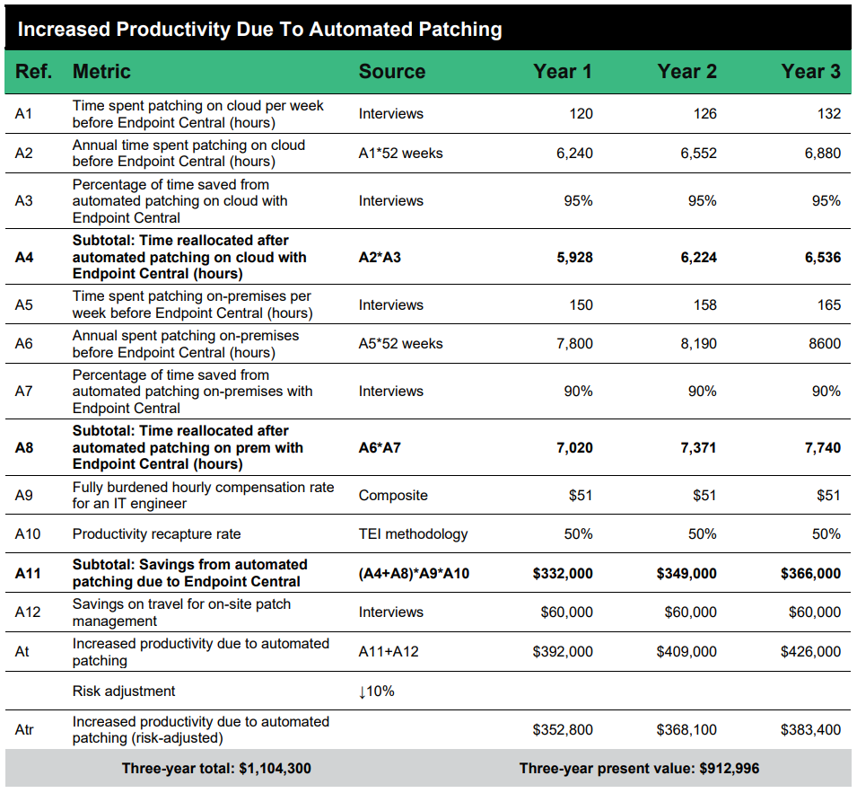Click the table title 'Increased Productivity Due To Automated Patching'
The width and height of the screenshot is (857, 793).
(x=259, y=29)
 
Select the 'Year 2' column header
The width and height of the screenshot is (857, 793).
(x=686, y=72)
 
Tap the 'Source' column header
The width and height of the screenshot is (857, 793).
(x=391, y=72)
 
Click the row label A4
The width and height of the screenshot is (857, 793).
(x=24, y=257)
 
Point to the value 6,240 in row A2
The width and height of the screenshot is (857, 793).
(x=574, y=154)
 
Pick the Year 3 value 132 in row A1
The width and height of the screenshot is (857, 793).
(x=829, y=114)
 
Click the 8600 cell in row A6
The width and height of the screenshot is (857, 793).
(x=824, y=344)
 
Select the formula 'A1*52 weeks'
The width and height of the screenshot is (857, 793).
(x=400, y=154)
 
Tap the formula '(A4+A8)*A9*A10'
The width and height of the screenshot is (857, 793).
(x=414, y=574)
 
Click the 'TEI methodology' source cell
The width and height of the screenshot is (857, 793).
(x=413, y=534)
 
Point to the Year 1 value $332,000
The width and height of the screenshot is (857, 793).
(x=563, y=574)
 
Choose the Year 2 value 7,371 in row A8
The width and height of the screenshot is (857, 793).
(x=697, y=447)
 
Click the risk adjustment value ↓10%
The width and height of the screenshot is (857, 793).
(x=376, y=692)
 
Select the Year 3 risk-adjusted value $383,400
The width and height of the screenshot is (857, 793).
(x=810, y=730)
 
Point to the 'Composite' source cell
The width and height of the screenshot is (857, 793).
(x=393, y=496)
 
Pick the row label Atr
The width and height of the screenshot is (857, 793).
(x=24, y=730)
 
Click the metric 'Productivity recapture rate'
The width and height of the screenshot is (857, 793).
(x=156, y=534)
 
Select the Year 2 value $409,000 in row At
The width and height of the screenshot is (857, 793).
(x=686, y=652)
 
